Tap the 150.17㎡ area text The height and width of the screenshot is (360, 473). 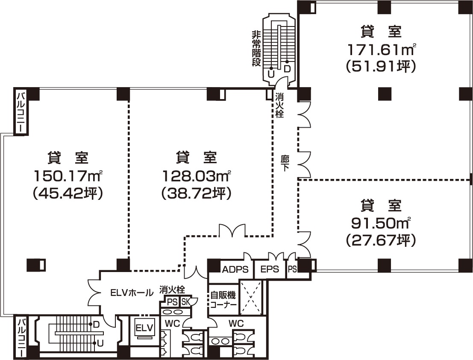click(x=68, y=176)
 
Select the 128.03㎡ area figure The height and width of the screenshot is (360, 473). click(x=197, y=176)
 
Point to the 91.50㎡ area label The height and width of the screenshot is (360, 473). click(x=382, y=223)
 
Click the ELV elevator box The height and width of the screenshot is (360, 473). click(x=144, y=328)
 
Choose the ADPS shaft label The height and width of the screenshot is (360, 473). click(x=235, y=269)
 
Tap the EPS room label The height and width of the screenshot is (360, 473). click(x=270, y=269)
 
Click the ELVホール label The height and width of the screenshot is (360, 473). click(x=132, y=293)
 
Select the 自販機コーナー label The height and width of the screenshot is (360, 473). click(x=223, y=299)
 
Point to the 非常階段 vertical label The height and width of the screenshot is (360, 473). click(x=256, y=49)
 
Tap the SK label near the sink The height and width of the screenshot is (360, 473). click(x=185, y=302)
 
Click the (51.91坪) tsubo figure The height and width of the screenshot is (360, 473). click(x=382, y=66)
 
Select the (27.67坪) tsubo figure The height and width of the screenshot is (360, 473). click(x=382, y=240)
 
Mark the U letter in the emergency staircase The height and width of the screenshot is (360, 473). click(x=271, y=74)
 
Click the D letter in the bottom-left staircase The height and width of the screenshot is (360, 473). click(x=96, y=325)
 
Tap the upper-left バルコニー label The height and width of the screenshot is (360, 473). click(x=21, y=111)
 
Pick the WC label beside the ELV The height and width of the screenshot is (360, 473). click(x=172, y=324)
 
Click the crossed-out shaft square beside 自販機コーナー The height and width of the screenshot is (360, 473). click(x=251, y=298)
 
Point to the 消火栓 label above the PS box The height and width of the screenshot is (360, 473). click(x=172, y=290)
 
